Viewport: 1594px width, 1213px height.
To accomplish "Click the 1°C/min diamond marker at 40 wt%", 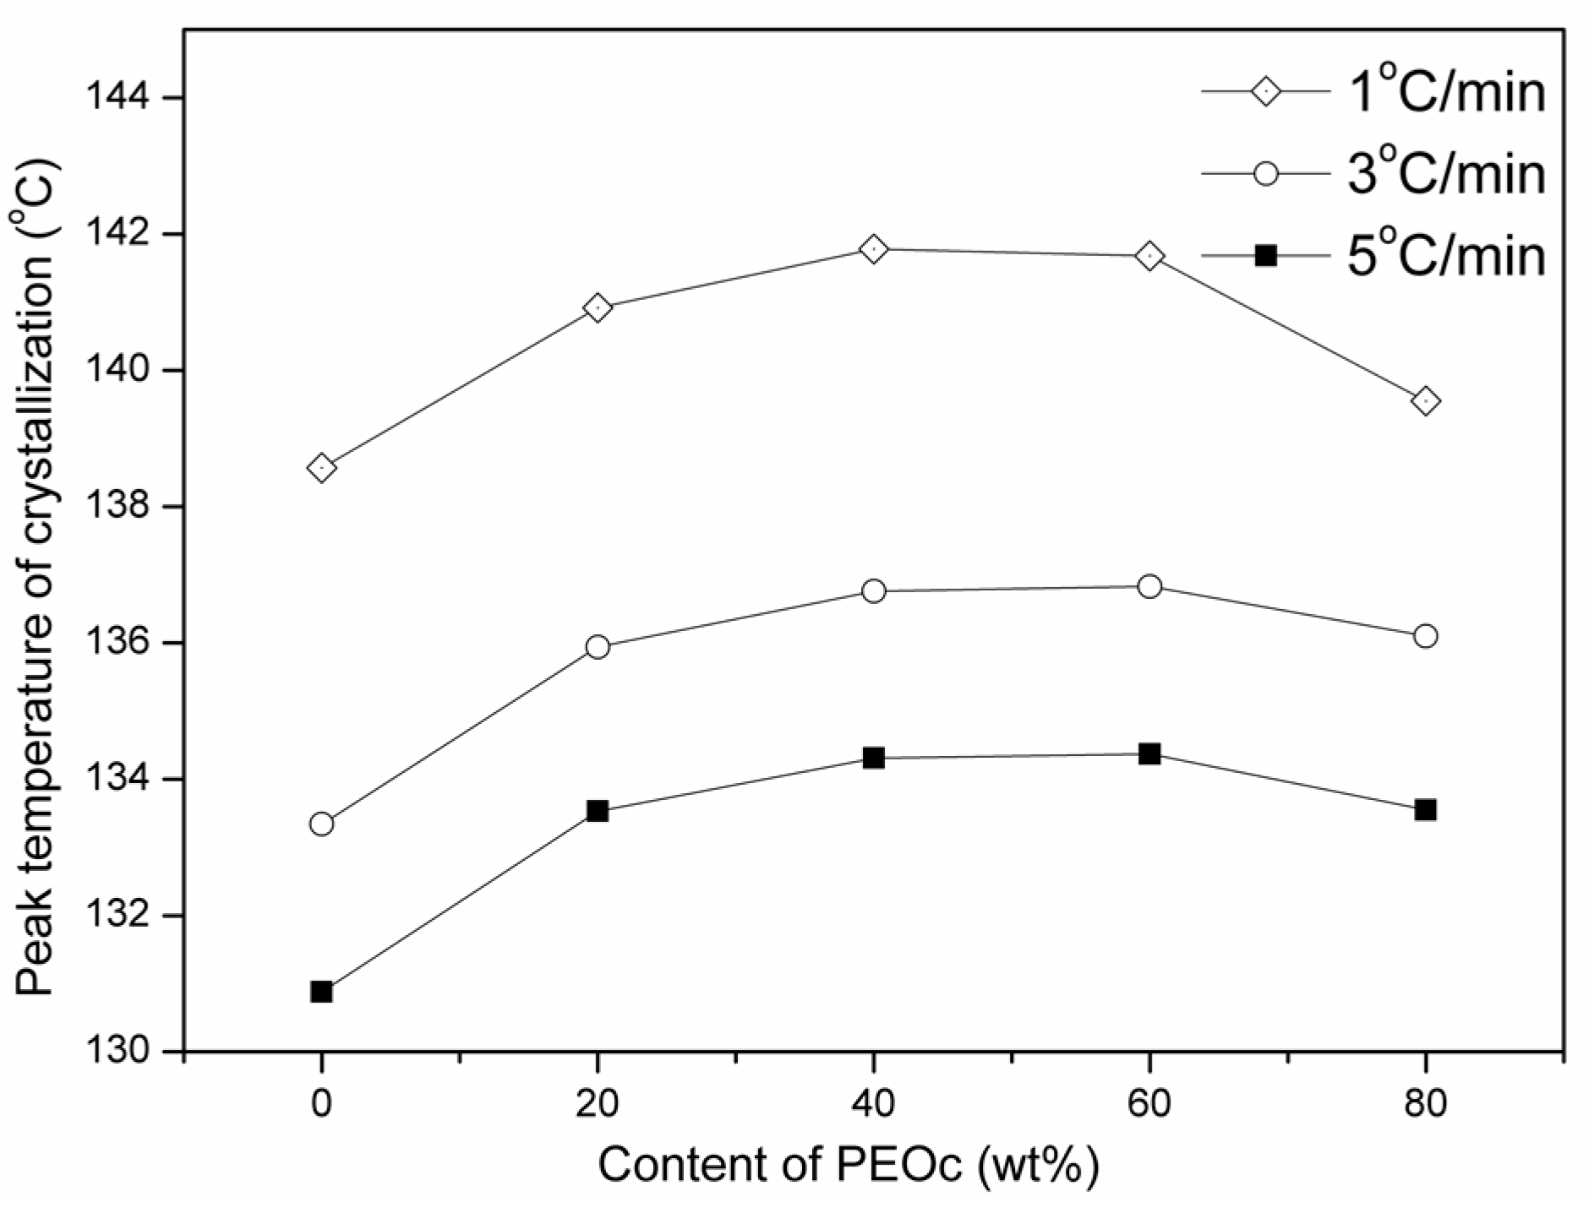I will tap(873, 249).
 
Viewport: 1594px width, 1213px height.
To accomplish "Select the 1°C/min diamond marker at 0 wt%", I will tap(321, 467).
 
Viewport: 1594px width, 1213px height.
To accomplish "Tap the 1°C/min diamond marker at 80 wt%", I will tap(1425, 401).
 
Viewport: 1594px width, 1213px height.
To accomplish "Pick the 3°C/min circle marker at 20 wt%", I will tap(598, 647).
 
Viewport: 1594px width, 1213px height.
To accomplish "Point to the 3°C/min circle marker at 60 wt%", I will tap(1149, 586).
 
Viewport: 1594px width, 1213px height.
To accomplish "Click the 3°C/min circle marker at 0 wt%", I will tap(321, 824).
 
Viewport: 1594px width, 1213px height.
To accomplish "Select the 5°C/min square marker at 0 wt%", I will tap(321, 991).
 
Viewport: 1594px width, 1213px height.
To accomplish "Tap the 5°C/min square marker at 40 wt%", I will tap(873, 758).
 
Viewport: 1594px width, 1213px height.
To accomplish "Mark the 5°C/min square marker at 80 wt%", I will tap(1425, 809).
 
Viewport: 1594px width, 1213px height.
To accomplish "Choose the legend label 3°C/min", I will tap(1445, 174).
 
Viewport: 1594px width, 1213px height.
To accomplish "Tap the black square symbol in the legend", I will tap(1265, 255).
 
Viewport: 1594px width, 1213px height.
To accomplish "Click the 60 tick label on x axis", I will tap(1149, 1103).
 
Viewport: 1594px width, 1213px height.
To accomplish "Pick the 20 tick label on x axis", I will tap(598, 1103).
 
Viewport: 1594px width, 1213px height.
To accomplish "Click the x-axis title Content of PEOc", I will tap(849, 1165).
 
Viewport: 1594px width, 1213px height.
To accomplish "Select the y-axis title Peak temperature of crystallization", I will tap(35, 583).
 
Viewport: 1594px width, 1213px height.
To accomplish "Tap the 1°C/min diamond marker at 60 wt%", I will tap(1149, 256).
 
